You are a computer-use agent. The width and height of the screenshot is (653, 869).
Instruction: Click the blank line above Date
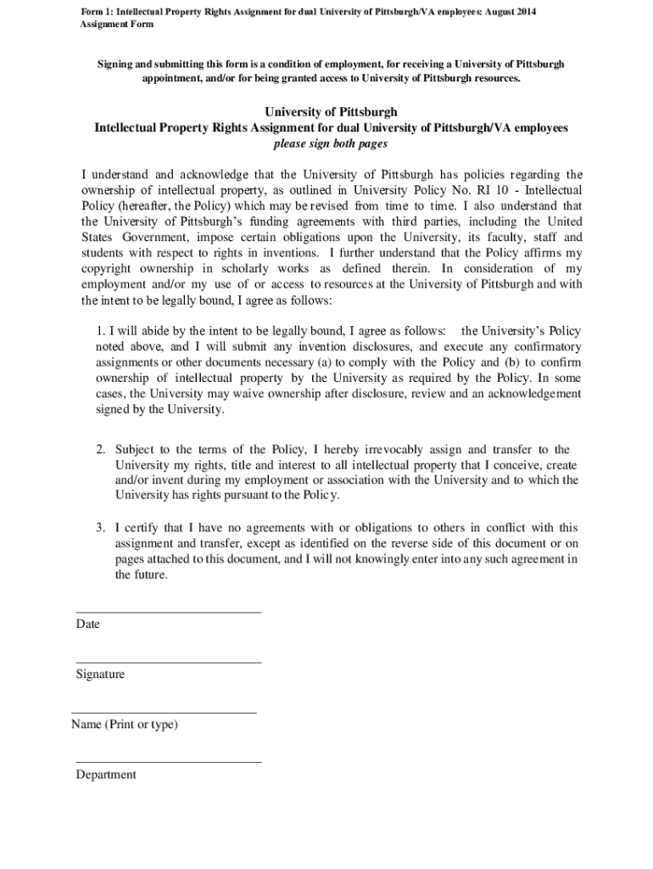pyautogui.click(x=168, y=612)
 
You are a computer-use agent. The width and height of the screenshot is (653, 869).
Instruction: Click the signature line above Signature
pyautogui.click(x=168, y=662)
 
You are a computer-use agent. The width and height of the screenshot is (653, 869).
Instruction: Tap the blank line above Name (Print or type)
pyautogui.click(x=164, y=713)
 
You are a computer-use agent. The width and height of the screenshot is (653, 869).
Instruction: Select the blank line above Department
pyautogui.click(x=168, y=762)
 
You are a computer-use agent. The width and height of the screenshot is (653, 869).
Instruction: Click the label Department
pyautogui.click(x=105, y=775)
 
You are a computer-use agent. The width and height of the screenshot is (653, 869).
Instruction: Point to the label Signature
pyautogui.click(x=100, y=675)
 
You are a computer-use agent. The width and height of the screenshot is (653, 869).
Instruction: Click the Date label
pyautogui.click(x=87, y=625)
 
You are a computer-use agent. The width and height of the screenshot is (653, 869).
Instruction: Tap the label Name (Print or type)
pyautogui.click(x=125, y=725)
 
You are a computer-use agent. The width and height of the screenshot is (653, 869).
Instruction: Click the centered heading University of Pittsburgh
pyautogui.click(x=331, y=112)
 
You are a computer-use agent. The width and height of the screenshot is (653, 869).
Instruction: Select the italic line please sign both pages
pyautogui.click(x=331, y=143)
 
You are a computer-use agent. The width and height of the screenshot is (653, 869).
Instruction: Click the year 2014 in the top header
pyautogui.click(x=524, y=11)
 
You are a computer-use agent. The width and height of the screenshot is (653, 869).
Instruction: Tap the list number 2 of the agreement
pyautogui.click(x=99, y=450)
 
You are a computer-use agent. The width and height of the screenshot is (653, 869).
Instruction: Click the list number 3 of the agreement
pyautogui.click(x=99, y=528)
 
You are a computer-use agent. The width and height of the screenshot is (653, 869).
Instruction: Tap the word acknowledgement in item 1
pyautogui.click(x=528, y=394)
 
